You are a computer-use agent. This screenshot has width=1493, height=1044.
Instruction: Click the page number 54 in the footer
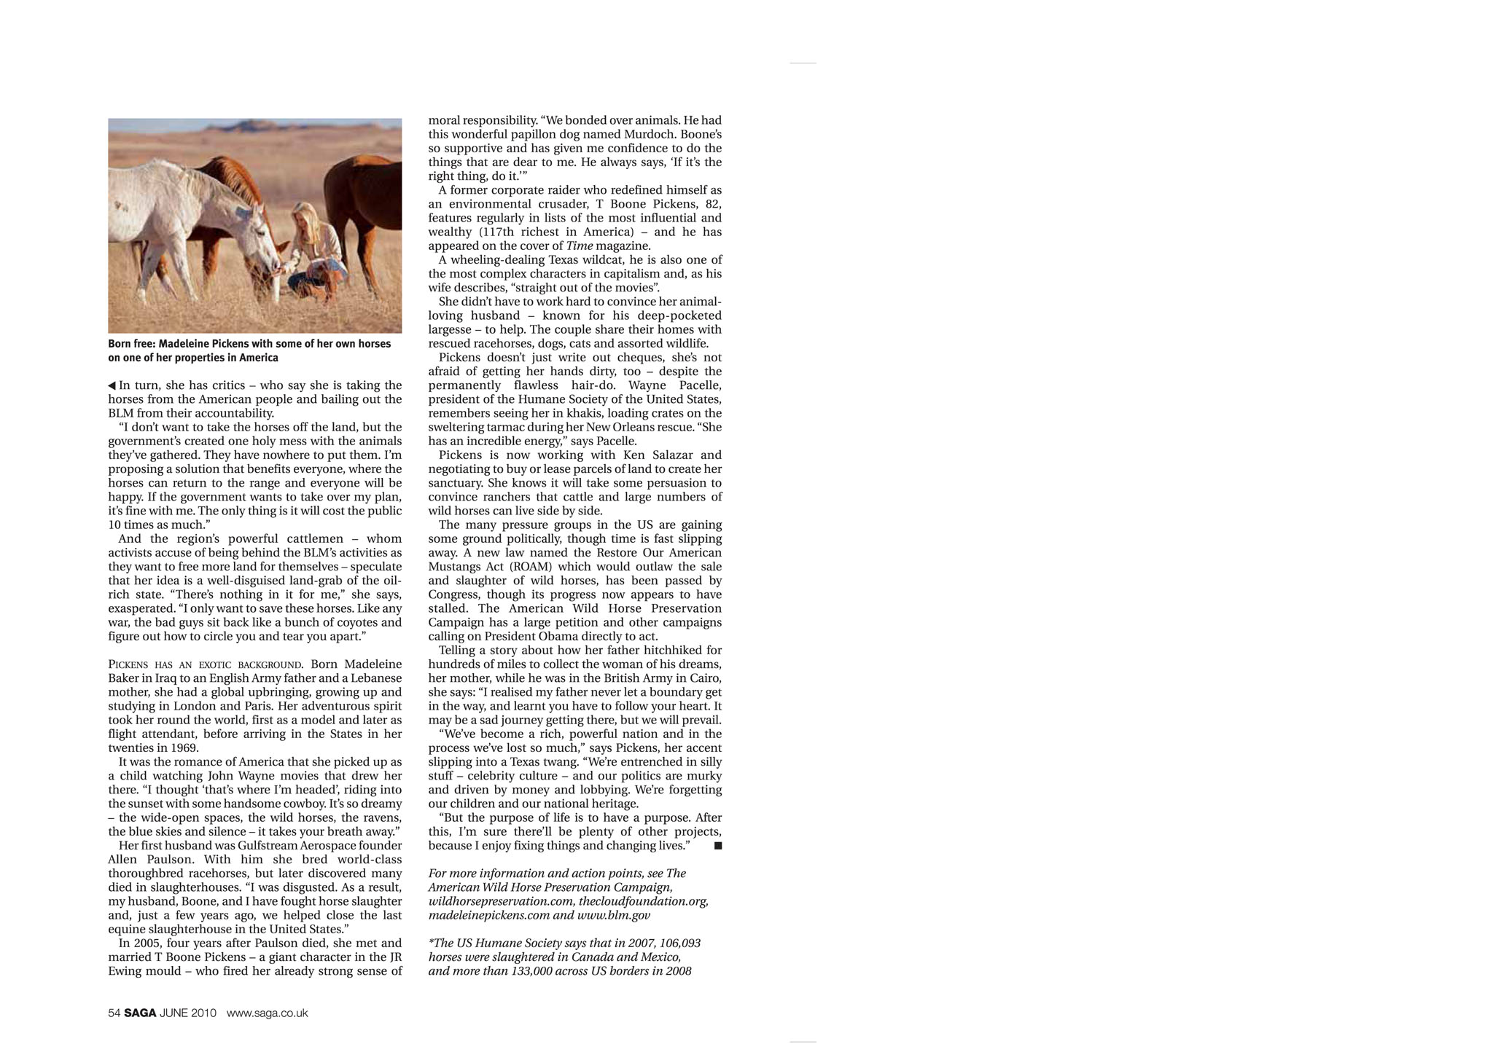point(114,1013)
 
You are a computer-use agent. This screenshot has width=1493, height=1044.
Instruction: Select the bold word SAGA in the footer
point(140,1013)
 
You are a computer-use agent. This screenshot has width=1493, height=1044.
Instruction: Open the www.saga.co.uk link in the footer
point(267,1013)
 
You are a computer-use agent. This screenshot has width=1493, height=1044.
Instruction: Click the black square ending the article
point(718,846)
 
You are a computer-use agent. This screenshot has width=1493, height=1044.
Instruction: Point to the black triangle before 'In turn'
point(112,385)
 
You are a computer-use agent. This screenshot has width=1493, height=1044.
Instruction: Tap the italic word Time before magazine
point(579,246)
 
